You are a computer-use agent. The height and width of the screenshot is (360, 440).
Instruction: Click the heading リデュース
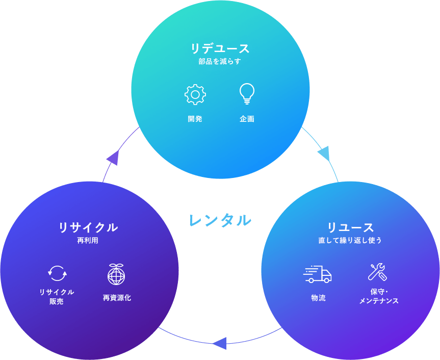[x=220, y=48]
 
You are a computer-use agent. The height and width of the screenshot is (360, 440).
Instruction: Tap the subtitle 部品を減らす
[x=220, y=62]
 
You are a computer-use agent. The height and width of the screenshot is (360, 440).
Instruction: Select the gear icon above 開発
[x=195, y=95]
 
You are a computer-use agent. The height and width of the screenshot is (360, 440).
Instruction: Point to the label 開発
[x=195, y=119]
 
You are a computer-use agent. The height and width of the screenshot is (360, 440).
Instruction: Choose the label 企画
[x=247, y=119]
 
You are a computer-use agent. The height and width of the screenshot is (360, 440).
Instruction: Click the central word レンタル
[x=220, y=220]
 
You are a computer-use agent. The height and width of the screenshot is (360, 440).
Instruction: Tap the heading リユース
[x=350, y=227]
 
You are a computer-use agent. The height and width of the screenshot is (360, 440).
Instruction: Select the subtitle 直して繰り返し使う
[x=350, y=240]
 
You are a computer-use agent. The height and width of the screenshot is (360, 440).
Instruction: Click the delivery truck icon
[x=317, y=274]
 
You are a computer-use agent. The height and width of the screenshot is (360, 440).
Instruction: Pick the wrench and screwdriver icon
[x=377, y=272]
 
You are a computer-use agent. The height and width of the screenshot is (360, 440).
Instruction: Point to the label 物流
[x=318, y=298]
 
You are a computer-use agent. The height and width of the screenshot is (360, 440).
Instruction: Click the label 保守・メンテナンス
[x=378, y=296]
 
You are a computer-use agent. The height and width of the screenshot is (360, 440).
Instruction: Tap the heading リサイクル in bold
[x=88, y=227]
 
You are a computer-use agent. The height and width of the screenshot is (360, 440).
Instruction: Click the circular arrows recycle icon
[x=57, y=273]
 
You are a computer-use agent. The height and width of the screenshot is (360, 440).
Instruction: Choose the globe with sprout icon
[x=116, y=274]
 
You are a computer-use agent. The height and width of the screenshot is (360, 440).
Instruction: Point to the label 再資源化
[x=117, y=298]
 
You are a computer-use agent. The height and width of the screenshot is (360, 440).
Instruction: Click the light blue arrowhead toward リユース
[x=323, y=153]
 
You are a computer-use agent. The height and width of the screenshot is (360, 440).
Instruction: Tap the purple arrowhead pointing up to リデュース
[x=113, y=158]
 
